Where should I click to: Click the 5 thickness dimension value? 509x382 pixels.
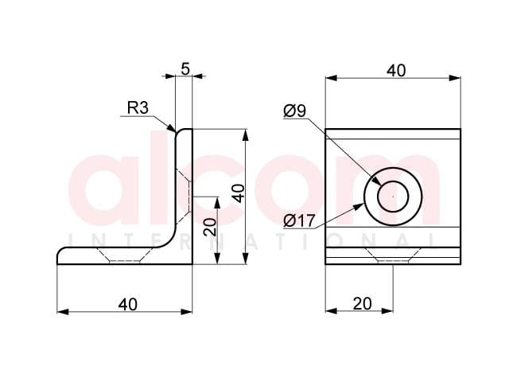[185, 68]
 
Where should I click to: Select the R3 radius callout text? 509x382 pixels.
[138, 107]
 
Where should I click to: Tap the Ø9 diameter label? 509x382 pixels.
[295, 111]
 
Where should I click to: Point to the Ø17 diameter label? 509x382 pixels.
[299, 221]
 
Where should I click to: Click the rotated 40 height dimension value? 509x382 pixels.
[239, 193]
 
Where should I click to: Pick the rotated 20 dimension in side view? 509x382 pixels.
[210, 227]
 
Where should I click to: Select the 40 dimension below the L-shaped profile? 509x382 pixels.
[127, 304]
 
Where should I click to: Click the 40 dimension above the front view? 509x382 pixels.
[396, 71]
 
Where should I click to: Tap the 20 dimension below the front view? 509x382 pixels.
[362, 304]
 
